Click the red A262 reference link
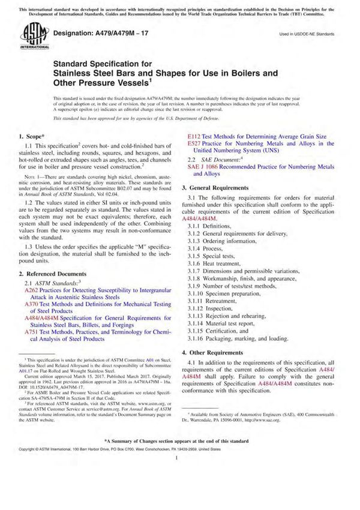[x=31, y=289]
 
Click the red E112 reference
[x=194, y=136]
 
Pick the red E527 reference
[x=194, y=144]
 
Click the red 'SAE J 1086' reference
[x=205, y=165]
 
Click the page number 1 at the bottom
[x=180, y=490]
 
